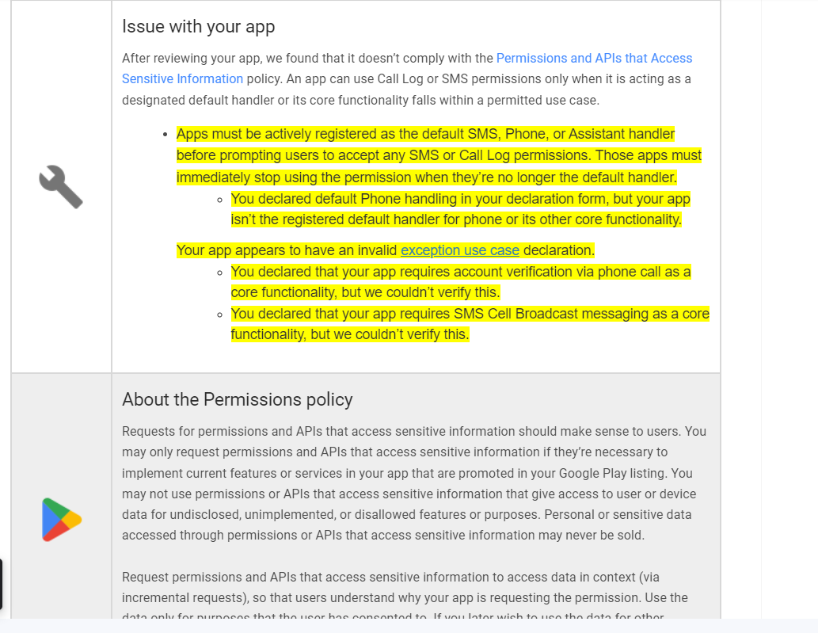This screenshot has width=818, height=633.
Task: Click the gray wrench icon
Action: tap(61, 186)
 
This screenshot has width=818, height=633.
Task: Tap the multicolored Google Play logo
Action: tap(61, 520)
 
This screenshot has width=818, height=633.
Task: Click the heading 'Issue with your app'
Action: tap(198, 26)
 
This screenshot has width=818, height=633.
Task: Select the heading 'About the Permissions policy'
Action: tap(237, 399)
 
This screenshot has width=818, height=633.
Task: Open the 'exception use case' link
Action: tap(459, 250)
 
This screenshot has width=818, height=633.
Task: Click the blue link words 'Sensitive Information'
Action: tap(182, 78)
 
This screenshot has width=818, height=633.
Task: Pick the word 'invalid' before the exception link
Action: tap(376, 250)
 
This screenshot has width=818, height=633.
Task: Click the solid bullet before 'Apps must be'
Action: tap(164, 135)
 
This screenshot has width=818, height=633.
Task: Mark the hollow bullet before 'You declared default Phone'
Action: tap(219, 199)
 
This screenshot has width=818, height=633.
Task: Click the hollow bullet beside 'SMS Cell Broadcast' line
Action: tap(219, 315)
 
